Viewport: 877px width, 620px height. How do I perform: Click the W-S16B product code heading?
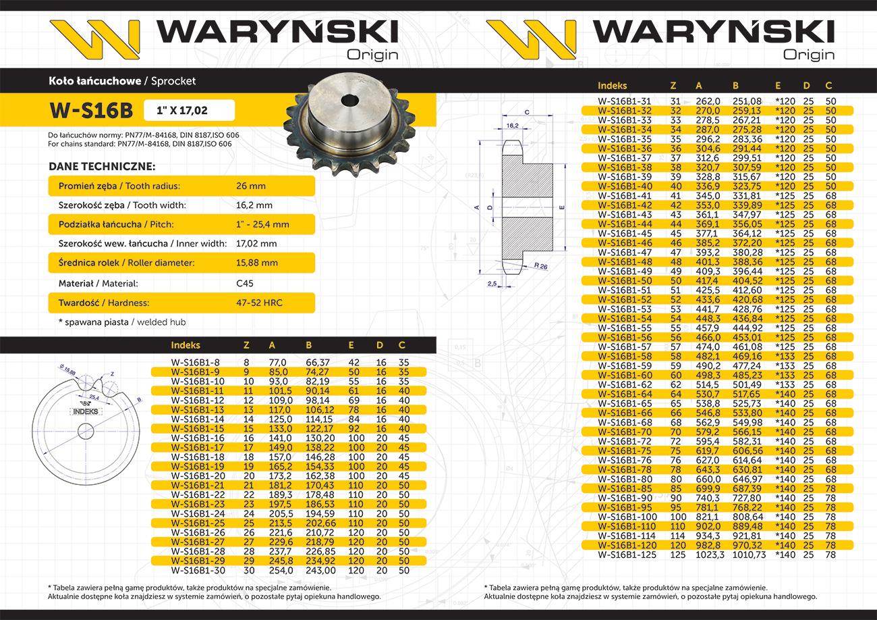click(91, 110)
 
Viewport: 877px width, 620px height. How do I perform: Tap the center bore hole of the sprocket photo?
click(350, 101)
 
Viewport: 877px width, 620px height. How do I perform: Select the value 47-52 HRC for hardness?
click(256, 303)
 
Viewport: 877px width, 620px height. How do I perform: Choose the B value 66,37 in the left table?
click(317, 363)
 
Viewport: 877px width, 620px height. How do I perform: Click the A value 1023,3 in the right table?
click(702, 554)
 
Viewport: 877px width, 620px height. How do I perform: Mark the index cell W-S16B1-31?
click(624, 101)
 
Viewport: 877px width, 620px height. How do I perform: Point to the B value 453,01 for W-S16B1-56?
click(747, 337)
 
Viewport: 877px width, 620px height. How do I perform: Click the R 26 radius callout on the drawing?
click(540, 265)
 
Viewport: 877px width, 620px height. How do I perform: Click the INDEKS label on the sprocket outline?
click(84, 411)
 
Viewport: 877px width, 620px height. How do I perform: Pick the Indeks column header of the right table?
click(612, 86)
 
